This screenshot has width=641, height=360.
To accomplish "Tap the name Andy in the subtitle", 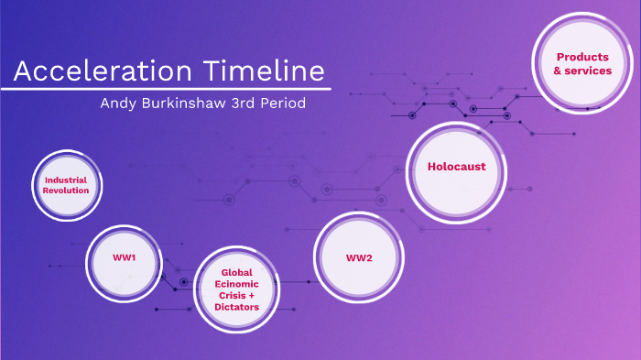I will click(x=120, y=104).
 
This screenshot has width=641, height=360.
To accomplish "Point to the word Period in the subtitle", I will click(x=282, y=104).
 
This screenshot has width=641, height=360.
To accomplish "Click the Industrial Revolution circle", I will click(x=66, y=185).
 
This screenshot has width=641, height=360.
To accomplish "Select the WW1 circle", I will click(x=125, y=258).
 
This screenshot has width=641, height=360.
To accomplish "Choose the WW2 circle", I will click(x=359, y=257).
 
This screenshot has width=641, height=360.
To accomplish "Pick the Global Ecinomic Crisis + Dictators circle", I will click(x=237, y=289).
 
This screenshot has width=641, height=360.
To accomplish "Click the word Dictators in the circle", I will click(x=237, y=307).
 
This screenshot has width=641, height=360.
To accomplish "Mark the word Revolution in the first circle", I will click(x=66, y=191).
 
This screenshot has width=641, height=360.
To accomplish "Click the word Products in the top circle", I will click(x=582, y=57).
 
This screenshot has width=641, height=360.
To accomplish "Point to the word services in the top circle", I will click(x=588, y=71).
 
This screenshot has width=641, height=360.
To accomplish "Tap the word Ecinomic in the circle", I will click(x=237, y=284).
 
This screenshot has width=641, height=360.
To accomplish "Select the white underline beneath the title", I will click(x=165, y=89).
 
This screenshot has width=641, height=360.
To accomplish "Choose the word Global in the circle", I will click(x=237, y=272).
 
